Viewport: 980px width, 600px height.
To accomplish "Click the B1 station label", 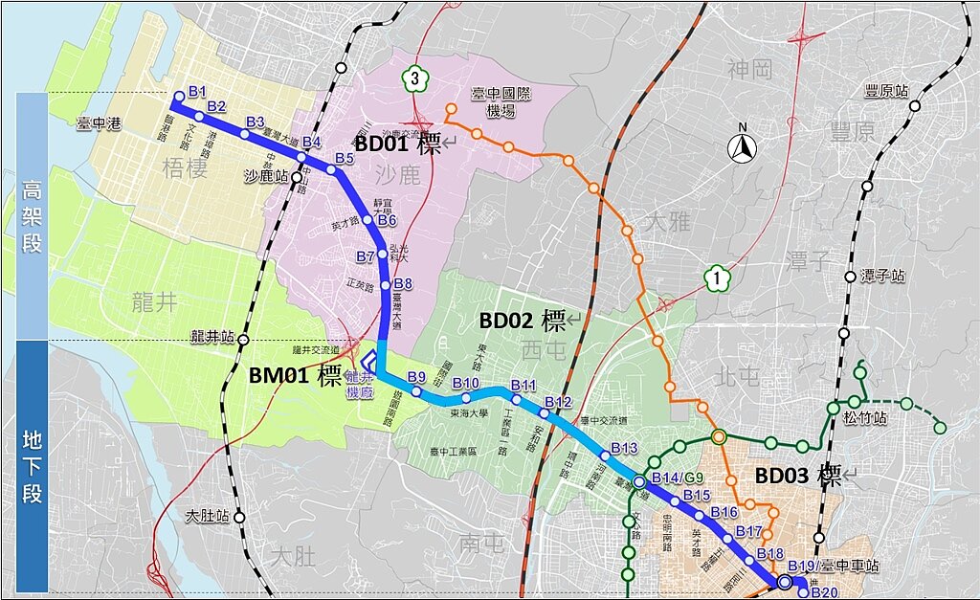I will [198, 91].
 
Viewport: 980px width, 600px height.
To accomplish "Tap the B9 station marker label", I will [415, 376].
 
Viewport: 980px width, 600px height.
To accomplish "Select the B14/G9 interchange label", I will [677, 478].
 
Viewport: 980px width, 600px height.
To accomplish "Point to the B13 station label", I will [623, 448].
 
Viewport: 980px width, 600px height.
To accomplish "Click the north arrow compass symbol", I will [739, 147].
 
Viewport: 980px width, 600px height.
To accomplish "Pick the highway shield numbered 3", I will [413, 78].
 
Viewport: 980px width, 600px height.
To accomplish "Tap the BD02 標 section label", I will [523, 320].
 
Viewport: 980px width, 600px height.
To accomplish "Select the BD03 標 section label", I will [798, 476].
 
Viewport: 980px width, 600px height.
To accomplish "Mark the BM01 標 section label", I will [295, 375].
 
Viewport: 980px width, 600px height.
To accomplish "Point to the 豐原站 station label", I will [884, 91].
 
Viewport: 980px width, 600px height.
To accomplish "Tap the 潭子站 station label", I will [882, 276].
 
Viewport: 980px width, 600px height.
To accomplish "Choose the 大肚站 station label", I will [208, 517].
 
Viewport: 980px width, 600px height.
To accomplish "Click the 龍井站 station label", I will [212, 337].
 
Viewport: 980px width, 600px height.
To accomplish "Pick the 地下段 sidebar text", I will [33, 466].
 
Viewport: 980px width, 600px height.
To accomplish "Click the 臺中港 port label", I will [98, 123].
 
